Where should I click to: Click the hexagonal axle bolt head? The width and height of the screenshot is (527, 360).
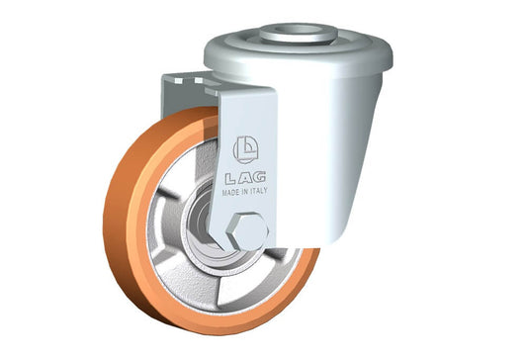point(247,231)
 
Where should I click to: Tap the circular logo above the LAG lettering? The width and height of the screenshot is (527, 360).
point(245,149)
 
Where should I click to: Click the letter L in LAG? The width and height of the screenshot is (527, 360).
point(230,179)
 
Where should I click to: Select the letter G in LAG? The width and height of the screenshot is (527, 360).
point(258,177)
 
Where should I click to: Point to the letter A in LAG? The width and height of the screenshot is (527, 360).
point(244,178)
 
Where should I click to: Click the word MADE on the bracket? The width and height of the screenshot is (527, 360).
point(230,192)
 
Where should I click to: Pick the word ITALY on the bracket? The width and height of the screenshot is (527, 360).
point(259,191)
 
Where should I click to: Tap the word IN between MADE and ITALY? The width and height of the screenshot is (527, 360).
point(244,192)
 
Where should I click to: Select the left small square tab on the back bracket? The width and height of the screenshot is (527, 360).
point(178,81)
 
